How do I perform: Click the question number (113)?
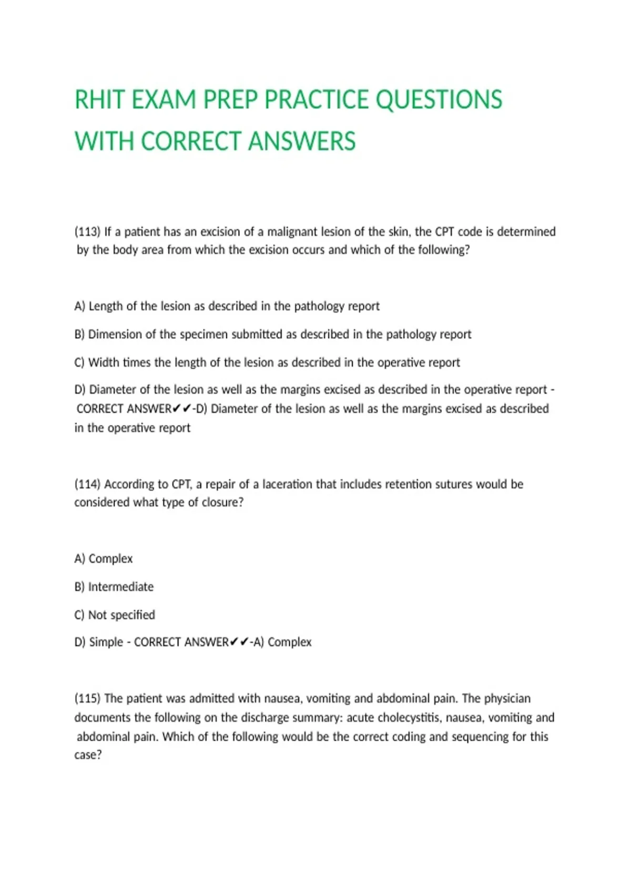87,232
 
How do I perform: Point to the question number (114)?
87,484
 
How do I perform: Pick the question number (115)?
87,698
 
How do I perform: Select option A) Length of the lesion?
227,306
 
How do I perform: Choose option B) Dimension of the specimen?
272,334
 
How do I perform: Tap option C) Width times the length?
267,362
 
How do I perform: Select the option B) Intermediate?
114,587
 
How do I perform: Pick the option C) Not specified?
115,615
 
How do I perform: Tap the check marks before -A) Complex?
239,642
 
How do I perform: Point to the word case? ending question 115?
88,755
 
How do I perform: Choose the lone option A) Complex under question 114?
104,558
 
